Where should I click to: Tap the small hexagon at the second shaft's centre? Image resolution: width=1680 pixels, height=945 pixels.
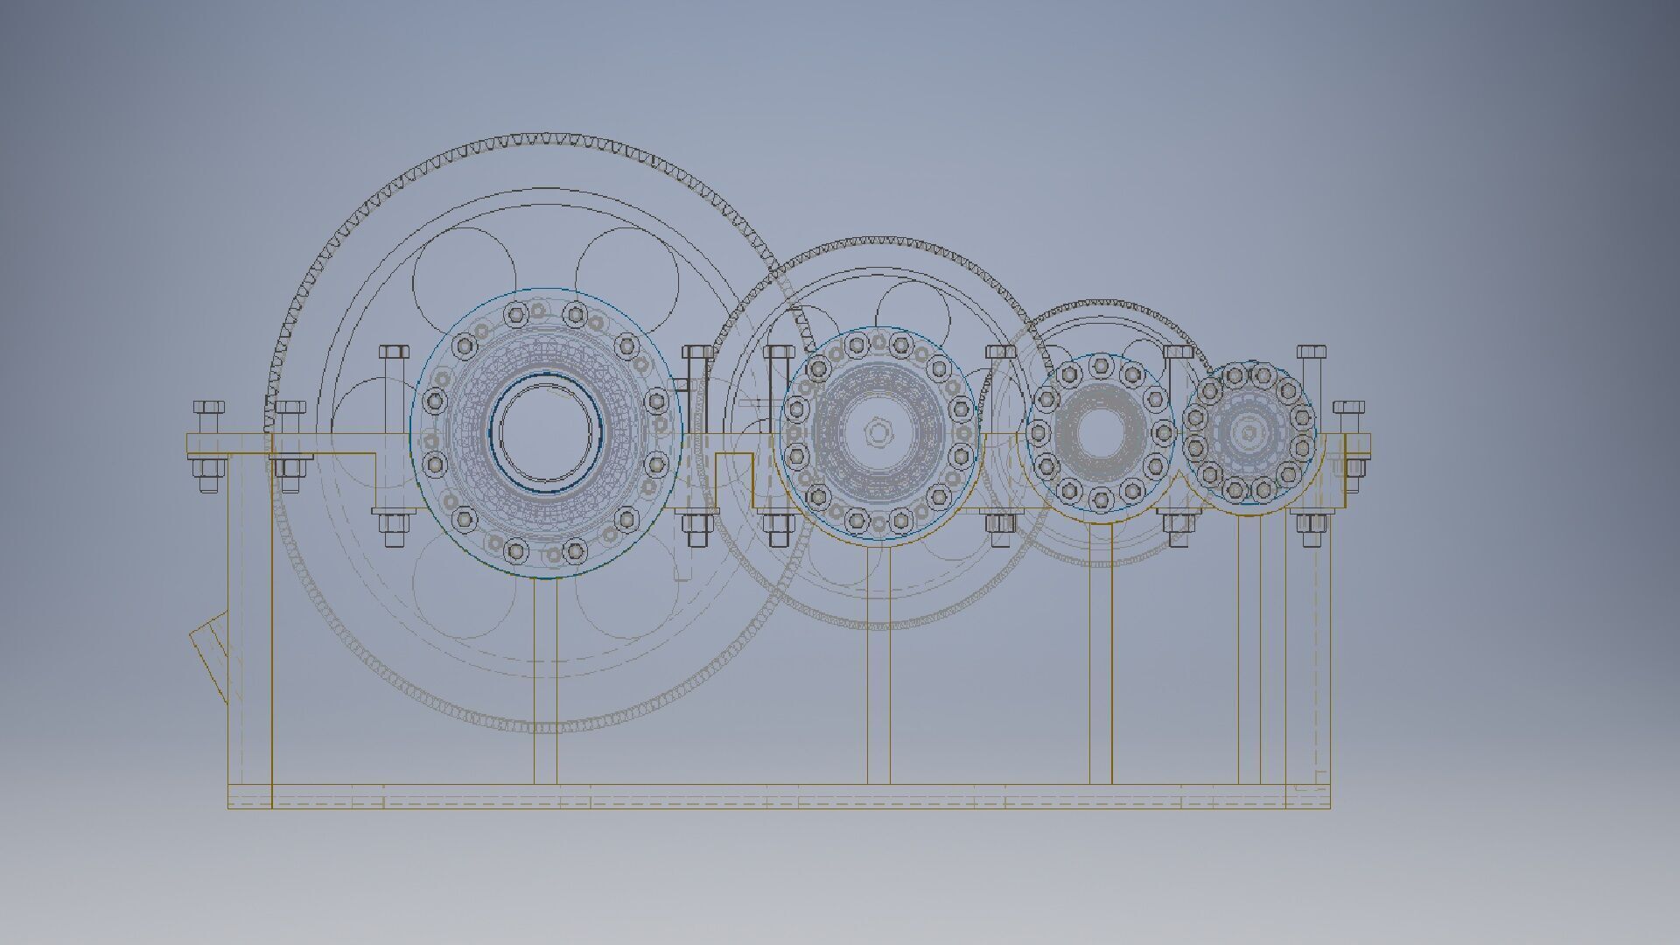(x=876, y=430)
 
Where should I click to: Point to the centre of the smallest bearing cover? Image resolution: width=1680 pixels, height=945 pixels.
(x=1248, y=432)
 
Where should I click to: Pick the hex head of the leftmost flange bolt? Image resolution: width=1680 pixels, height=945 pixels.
(x=208, y=408)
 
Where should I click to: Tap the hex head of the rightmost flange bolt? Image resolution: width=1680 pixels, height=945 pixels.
(x=1349, y=408)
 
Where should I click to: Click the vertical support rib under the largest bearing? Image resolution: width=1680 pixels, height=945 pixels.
(x=545, y=682)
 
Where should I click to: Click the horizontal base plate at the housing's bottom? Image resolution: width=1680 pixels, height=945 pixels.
(x=779, y=796)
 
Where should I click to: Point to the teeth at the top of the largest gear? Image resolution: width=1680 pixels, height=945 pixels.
(x=542, y=139)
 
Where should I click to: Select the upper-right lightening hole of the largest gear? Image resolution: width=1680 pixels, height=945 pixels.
(x=626, y=273)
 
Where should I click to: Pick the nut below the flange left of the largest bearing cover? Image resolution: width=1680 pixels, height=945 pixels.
(x=392, y=525)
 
